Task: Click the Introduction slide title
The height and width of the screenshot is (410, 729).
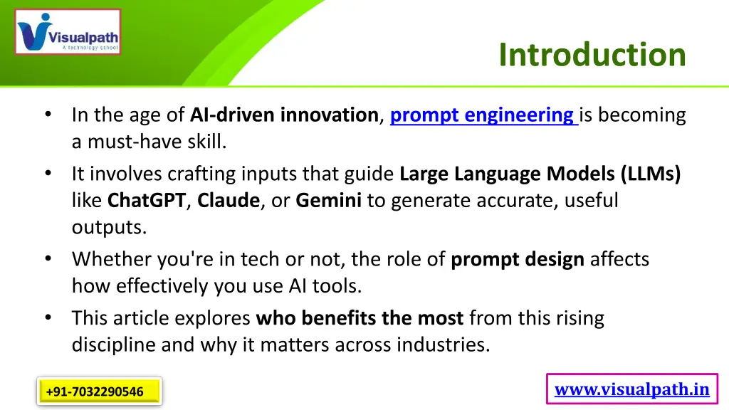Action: (592, 55)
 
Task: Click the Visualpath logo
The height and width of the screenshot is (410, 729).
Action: (68, 32)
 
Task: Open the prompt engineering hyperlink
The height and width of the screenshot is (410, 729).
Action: (484, 115)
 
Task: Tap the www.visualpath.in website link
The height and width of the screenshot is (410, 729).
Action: (631, 389)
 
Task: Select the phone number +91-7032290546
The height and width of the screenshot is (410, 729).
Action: (95, 391)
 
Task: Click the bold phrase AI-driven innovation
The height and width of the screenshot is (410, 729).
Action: (284, 115)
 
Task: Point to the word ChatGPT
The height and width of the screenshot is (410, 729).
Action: (147, 201)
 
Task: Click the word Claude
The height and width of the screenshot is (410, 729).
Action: (229, 201)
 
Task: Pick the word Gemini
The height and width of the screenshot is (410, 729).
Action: (329, 201)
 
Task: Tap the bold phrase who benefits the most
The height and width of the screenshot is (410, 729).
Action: (360, 317)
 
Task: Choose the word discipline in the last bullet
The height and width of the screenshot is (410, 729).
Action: (115, 345)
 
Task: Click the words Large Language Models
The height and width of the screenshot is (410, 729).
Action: (508, 173)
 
